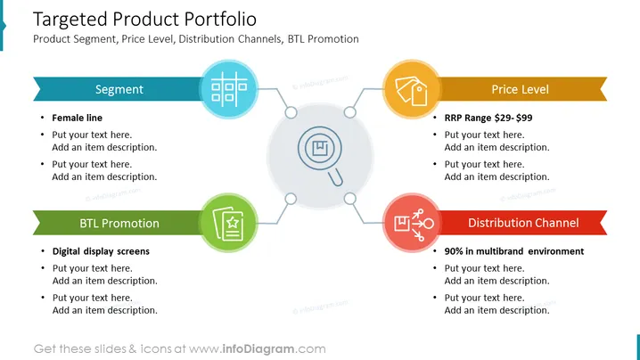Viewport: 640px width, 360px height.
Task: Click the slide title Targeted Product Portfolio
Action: pyautogui.click(x=144, y=20)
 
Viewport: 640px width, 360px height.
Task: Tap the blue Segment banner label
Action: pyautogui.click(x=119, y=89)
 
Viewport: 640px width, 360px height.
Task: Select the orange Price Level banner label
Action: pyautogui.click(x=520, y=89)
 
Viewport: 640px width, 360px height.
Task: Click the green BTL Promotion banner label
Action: pyautogui.click(x=119, y=224)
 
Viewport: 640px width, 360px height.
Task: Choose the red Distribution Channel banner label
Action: pyautogui.click(x=523, y=223)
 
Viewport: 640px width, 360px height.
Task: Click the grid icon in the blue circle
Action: pyautogui.click(x=229, y=87)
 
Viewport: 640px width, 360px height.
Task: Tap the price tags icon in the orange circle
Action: pyautogui.click(x=412, y=91)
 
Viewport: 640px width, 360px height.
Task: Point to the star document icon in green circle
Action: pyautogui.click(x=228, y=224)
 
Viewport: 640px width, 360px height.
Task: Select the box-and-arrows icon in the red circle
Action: pyautogui.click(x=414, y=224)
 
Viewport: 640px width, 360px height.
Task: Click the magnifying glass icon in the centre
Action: pyautogui.click(x=321, y=155)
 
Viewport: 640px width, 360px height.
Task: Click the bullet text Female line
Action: pyautogui.click(x=78, y=118)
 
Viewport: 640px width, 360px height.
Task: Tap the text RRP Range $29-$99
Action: pyautogui.click(x=488, y=118)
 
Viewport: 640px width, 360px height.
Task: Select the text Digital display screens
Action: pyautogui.click(x=101, y=251)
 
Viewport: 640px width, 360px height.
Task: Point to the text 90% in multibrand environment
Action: pyautogui.click(x=514, y=251)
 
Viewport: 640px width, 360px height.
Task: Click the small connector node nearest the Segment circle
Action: pyautogui.click(x=291, y=112)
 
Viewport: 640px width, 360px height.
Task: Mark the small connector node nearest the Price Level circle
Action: pyautogui.click(x=349, y=112)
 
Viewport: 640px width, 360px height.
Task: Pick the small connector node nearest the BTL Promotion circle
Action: pyautogui.click(x=291, y=199)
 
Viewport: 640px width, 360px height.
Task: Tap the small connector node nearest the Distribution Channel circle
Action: pyautogui.click(x=349, y=199)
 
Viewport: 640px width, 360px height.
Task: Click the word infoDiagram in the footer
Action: pyautogui.click(x=258, y=349)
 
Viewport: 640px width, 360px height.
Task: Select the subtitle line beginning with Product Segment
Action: pyautogui.click(x=196, y=39)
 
